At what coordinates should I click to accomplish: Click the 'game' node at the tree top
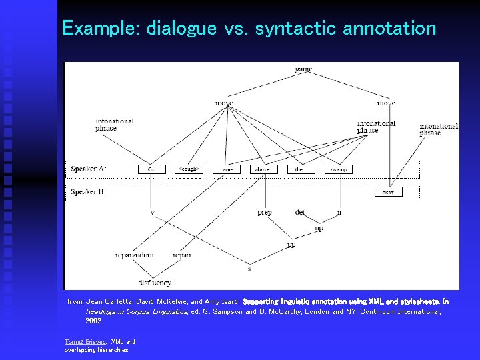click(303, 69)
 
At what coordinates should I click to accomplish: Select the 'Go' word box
click(152, 169)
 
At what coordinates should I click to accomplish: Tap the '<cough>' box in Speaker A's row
click(189, 169)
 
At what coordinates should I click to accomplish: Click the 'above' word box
click(262, 169)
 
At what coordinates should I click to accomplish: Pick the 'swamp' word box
click(338, 169)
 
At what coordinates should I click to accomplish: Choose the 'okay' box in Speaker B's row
click(388, 192)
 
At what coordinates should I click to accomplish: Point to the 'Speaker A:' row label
click(89, 169)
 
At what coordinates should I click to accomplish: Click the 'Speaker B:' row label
click(89, 192)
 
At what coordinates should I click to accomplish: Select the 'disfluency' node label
click(155, 283)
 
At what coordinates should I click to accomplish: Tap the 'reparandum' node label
click(135, 255)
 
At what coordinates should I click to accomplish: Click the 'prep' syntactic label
click(265, 213)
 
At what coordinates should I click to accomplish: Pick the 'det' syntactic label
click(300, 213)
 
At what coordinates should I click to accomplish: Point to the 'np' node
click(319, 228)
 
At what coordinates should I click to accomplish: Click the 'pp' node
click(291, 245)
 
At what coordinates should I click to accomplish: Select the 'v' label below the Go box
click(153, 213)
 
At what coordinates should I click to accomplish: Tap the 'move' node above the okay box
click(386, 103)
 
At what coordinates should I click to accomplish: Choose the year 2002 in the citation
click(94, 321)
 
